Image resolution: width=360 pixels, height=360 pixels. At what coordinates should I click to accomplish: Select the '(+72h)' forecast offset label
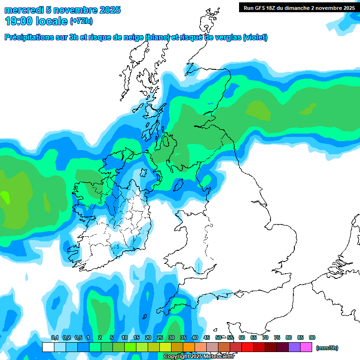pyautogui.click(x=81, y=21)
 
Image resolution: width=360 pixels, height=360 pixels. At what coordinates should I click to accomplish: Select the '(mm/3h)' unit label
pyautogui.click(x=327, y=348)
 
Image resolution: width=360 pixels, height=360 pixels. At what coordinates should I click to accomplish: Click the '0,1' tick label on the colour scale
pyautogui.click(x=54, y=337)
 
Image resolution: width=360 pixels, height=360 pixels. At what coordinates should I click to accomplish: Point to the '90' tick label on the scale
pyautogui.click(x=312, y=337)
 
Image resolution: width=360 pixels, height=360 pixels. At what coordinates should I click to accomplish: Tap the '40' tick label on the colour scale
pyautogui.click(x=195, y=337)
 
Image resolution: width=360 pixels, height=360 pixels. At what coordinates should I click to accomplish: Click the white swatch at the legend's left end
pyautogui.click(x=48, y=347)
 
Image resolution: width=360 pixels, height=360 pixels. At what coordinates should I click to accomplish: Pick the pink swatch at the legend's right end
pyautogui.click(x=306, y=347)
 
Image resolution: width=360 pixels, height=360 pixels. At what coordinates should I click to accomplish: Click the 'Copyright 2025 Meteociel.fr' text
pyautogui.click(x=199, y=356)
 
